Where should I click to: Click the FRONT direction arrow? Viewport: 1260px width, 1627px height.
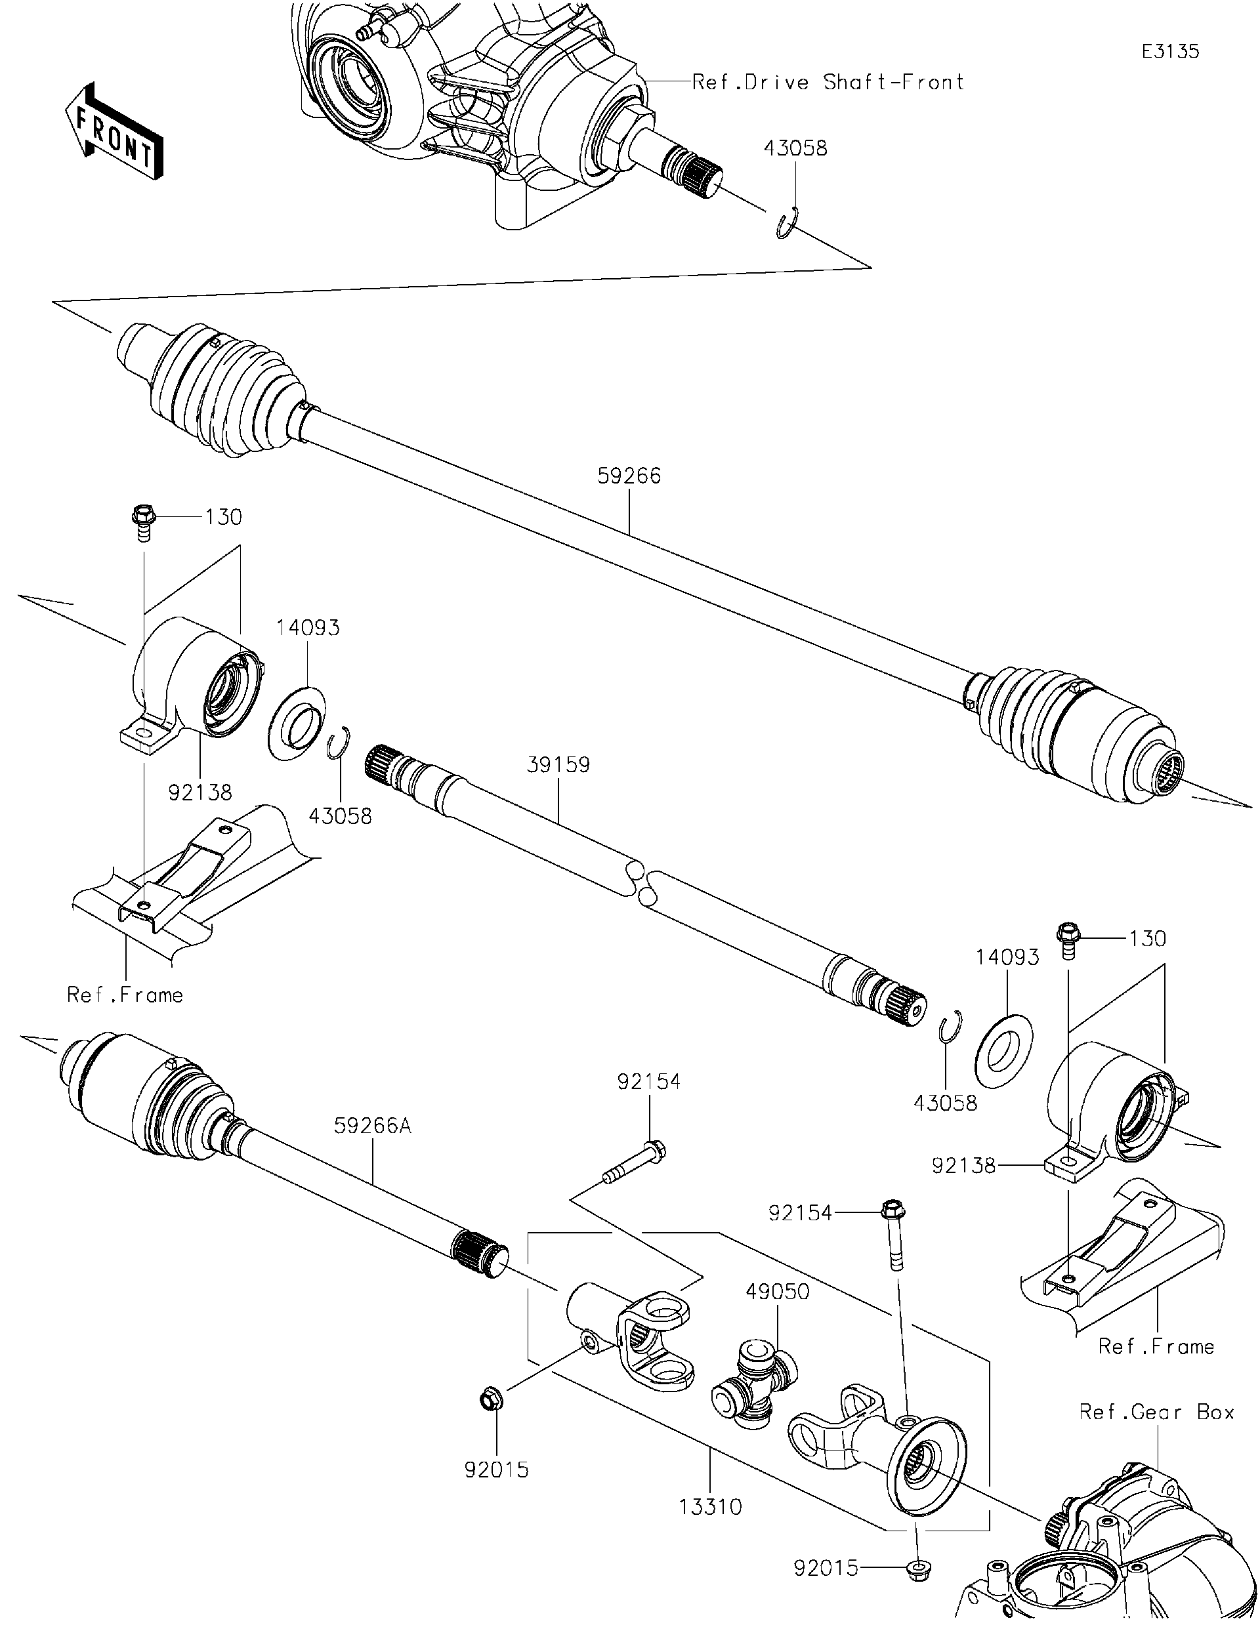coord(114,132)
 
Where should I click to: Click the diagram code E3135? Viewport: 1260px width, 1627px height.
coord(1171,51)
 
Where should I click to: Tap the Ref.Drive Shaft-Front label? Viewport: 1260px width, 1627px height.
coord(828,82)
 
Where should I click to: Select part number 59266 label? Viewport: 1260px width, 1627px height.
coord(629,476)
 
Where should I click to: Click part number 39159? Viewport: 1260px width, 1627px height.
coord(558,765)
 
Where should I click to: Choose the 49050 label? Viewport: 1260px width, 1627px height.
coord(778,1291)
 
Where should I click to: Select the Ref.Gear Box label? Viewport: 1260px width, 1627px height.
coord(1156,1412)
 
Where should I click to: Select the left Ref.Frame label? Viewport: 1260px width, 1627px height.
coord(125,995)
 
